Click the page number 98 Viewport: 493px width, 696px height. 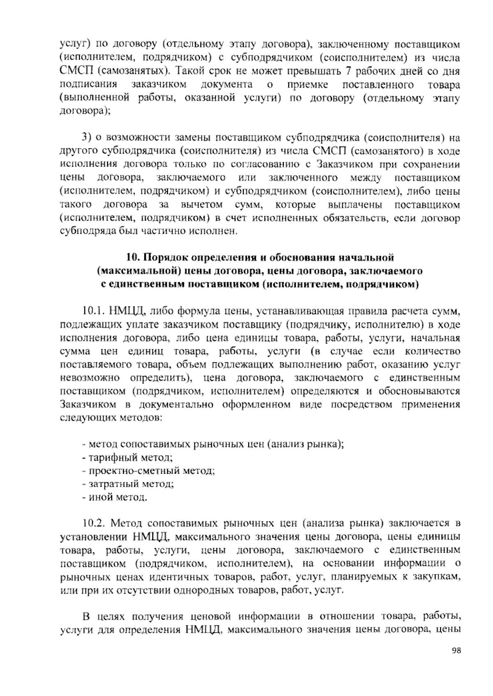456,662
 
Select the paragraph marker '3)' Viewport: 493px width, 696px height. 86,137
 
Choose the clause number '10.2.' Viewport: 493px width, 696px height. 94,524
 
